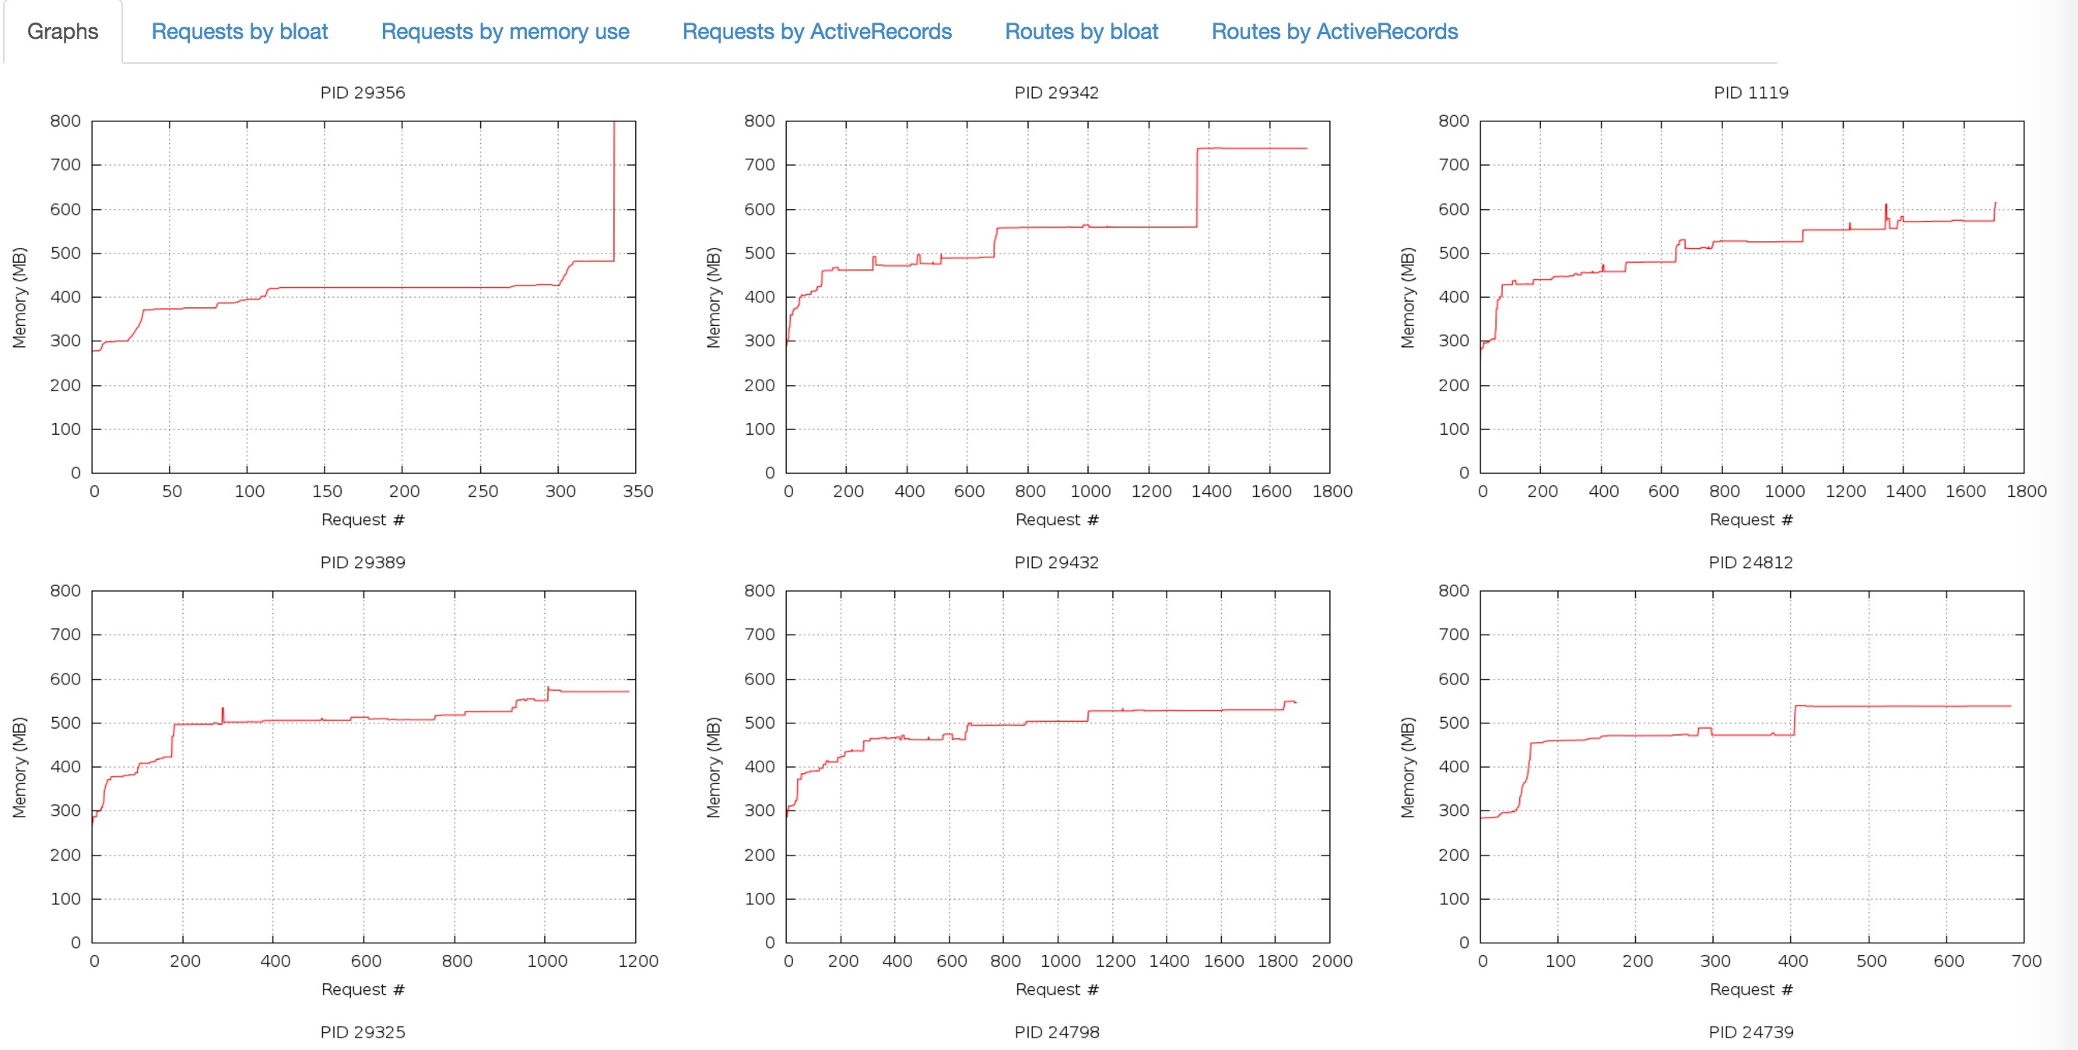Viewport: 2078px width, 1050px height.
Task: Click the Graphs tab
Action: click(63, 31)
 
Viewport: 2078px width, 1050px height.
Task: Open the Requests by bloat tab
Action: click(240, 31)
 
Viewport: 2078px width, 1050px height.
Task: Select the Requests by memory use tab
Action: click(505, 31)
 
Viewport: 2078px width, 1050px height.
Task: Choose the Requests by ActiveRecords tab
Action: click(816, 31)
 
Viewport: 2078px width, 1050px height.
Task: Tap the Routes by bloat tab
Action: click(1081, 31)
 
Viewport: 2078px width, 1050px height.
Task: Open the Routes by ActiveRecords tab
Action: click(1334, 31)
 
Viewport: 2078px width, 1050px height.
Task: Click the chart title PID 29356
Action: click(362, 93)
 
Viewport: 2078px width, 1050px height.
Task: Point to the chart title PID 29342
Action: click(1056, 93)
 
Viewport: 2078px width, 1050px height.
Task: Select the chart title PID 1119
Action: click(1750, 93)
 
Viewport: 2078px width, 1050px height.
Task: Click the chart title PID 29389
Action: click(362, 562)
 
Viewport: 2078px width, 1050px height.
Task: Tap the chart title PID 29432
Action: click(1056, 562)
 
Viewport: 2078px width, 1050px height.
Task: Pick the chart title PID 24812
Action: click(1750, 562)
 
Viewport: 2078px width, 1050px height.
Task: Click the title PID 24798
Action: click(1056, 1032)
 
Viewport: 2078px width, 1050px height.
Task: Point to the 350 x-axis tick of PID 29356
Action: click(637, 491)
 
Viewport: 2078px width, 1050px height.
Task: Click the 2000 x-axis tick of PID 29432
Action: click(1332, 961)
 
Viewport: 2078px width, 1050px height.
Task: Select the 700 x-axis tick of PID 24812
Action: click(2026, 961)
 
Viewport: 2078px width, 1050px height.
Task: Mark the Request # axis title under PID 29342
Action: click(1056, 520)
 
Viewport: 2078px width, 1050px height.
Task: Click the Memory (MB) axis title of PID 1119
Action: click(1408, 298)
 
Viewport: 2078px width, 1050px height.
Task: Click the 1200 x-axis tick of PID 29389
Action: click(637, 961)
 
